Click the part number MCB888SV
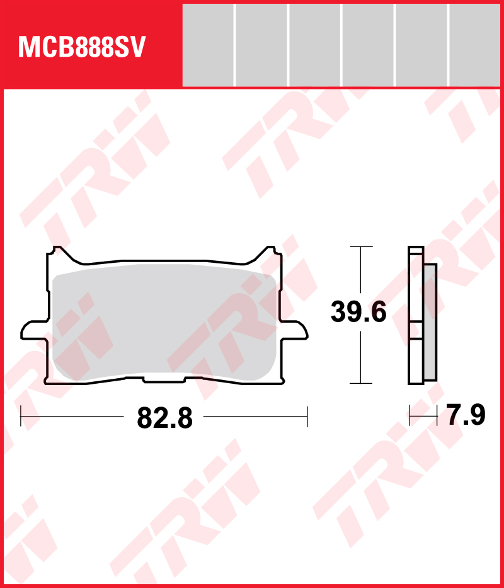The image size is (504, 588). (81, 47)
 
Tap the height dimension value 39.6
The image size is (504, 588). (358, 312)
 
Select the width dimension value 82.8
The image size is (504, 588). (164, 418)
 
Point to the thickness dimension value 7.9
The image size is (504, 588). (466, 415)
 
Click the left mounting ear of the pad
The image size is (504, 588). (35, 330)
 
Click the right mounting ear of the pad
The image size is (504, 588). (294, 330)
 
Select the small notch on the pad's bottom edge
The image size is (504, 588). (164, 379)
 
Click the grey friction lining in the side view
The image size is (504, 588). (430, 322)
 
